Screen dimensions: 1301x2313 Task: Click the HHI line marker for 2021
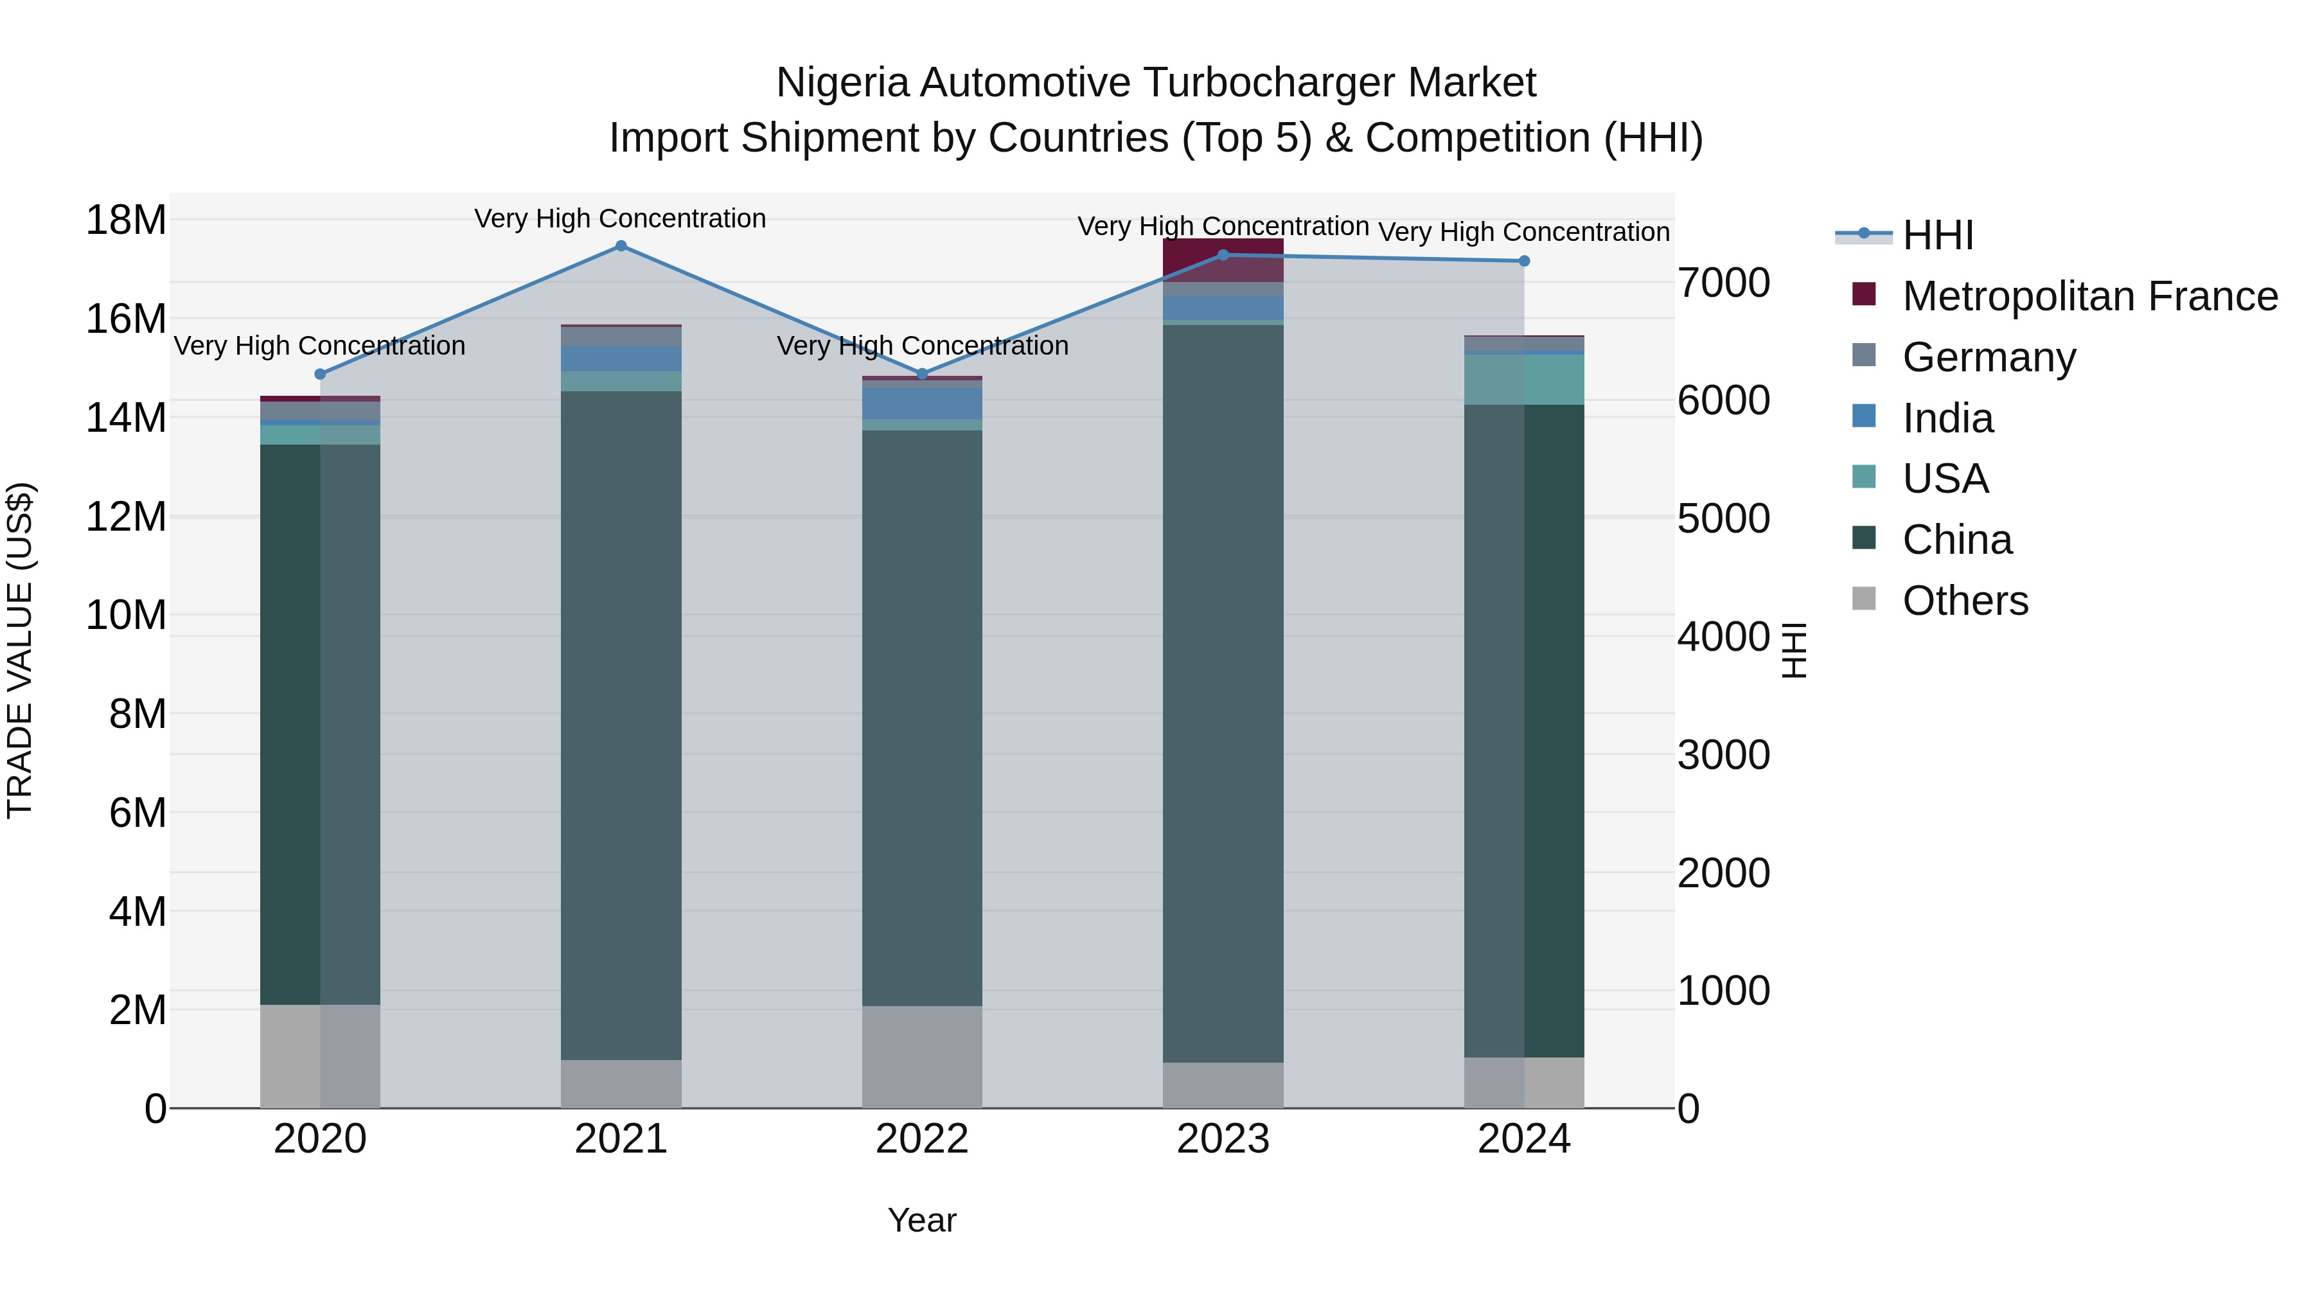[621, 246]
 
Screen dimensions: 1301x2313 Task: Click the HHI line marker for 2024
[1524, 261]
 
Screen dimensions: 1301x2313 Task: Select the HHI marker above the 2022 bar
[922, 373]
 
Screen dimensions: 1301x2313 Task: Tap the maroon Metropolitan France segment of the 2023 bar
[1223, 260]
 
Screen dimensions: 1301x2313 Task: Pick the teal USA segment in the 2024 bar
[1524, 380]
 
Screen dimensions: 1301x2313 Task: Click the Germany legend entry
[1989, 357]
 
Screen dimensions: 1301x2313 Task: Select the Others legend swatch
[1864, 599]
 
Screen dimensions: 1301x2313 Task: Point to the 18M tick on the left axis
[126, 220]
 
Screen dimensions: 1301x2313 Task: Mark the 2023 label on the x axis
[1223, 1139]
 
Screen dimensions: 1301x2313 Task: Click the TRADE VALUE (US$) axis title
[20, 650]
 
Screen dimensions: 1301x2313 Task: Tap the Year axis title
[922, 1220]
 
